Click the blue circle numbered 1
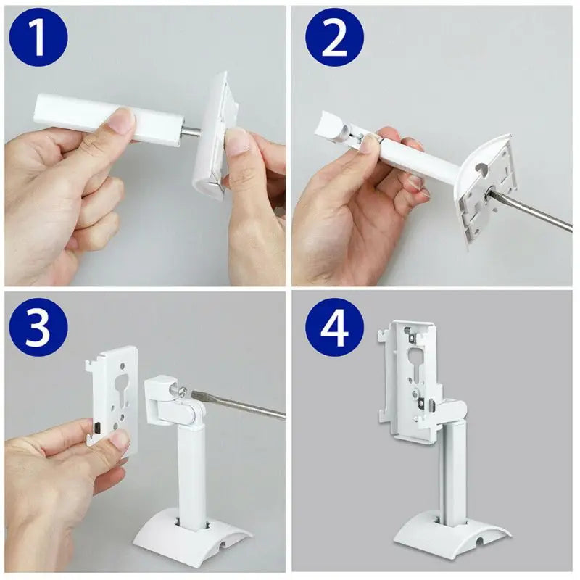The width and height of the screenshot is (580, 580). (x=38, y=37)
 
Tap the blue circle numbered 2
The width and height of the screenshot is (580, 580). (x=334, y=37)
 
